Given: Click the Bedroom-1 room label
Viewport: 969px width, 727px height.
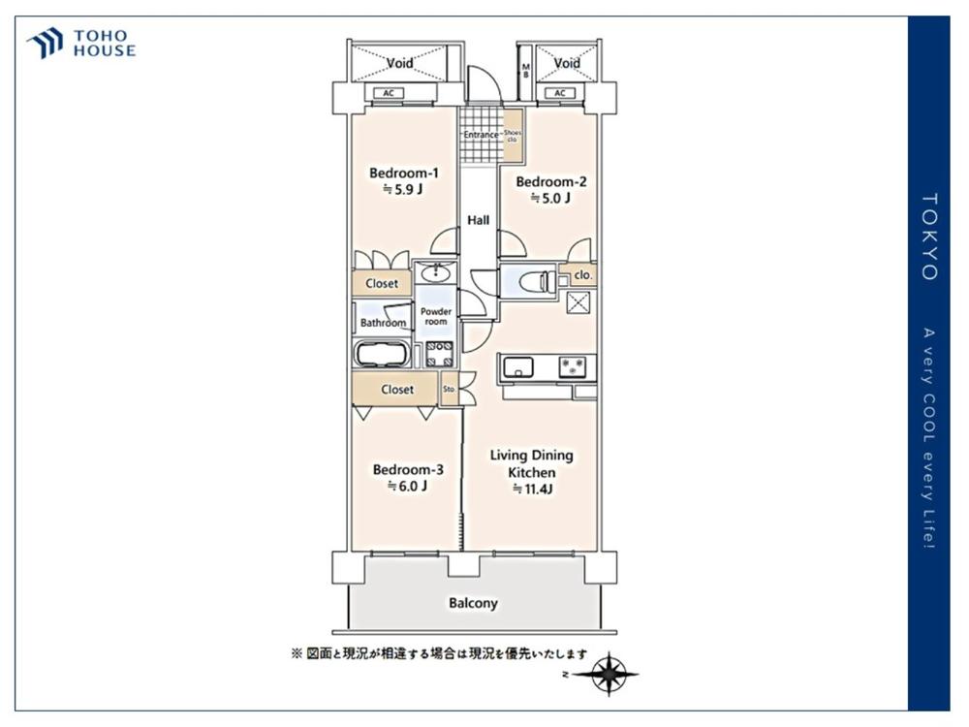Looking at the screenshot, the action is (403, 174).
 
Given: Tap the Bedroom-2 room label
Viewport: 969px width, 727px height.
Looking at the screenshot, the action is (551, 182).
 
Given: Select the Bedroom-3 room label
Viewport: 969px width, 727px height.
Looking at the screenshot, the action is (408, 470).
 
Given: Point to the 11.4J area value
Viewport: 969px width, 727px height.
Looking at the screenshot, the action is (533, 489).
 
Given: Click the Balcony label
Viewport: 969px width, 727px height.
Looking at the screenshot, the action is (474, 603).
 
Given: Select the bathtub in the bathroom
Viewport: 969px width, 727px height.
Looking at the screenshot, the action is (381, 355).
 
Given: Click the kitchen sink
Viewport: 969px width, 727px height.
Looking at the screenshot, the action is (517, 367).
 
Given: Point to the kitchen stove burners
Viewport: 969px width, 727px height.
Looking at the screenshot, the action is (573, 366).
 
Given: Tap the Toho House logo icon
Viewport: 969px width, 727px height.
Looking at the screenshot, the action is (46, 43).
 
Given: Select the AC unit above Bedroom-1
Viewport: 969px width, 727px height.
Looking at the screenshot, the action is (389, 93).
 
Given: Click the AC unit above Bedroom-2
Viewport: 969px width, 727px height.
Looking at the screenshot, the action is (560, 93).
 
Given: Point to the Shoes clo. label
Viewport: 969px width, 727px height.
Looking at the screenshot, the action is (513, 136).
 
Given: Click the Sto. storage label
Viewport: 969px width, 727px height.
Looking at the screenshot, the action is (450, 390).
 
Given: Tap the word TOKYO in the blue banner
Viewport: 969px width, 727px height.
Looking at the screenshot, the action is (929, 237).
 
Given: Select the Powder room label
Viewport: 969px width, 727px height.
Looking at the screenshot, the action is (436, 317).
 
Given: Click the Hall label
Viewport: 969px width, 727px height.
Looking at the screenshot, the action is (479, 220).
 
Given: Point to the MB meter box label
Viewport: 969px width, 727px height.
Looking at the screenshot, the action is (526, 71).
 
